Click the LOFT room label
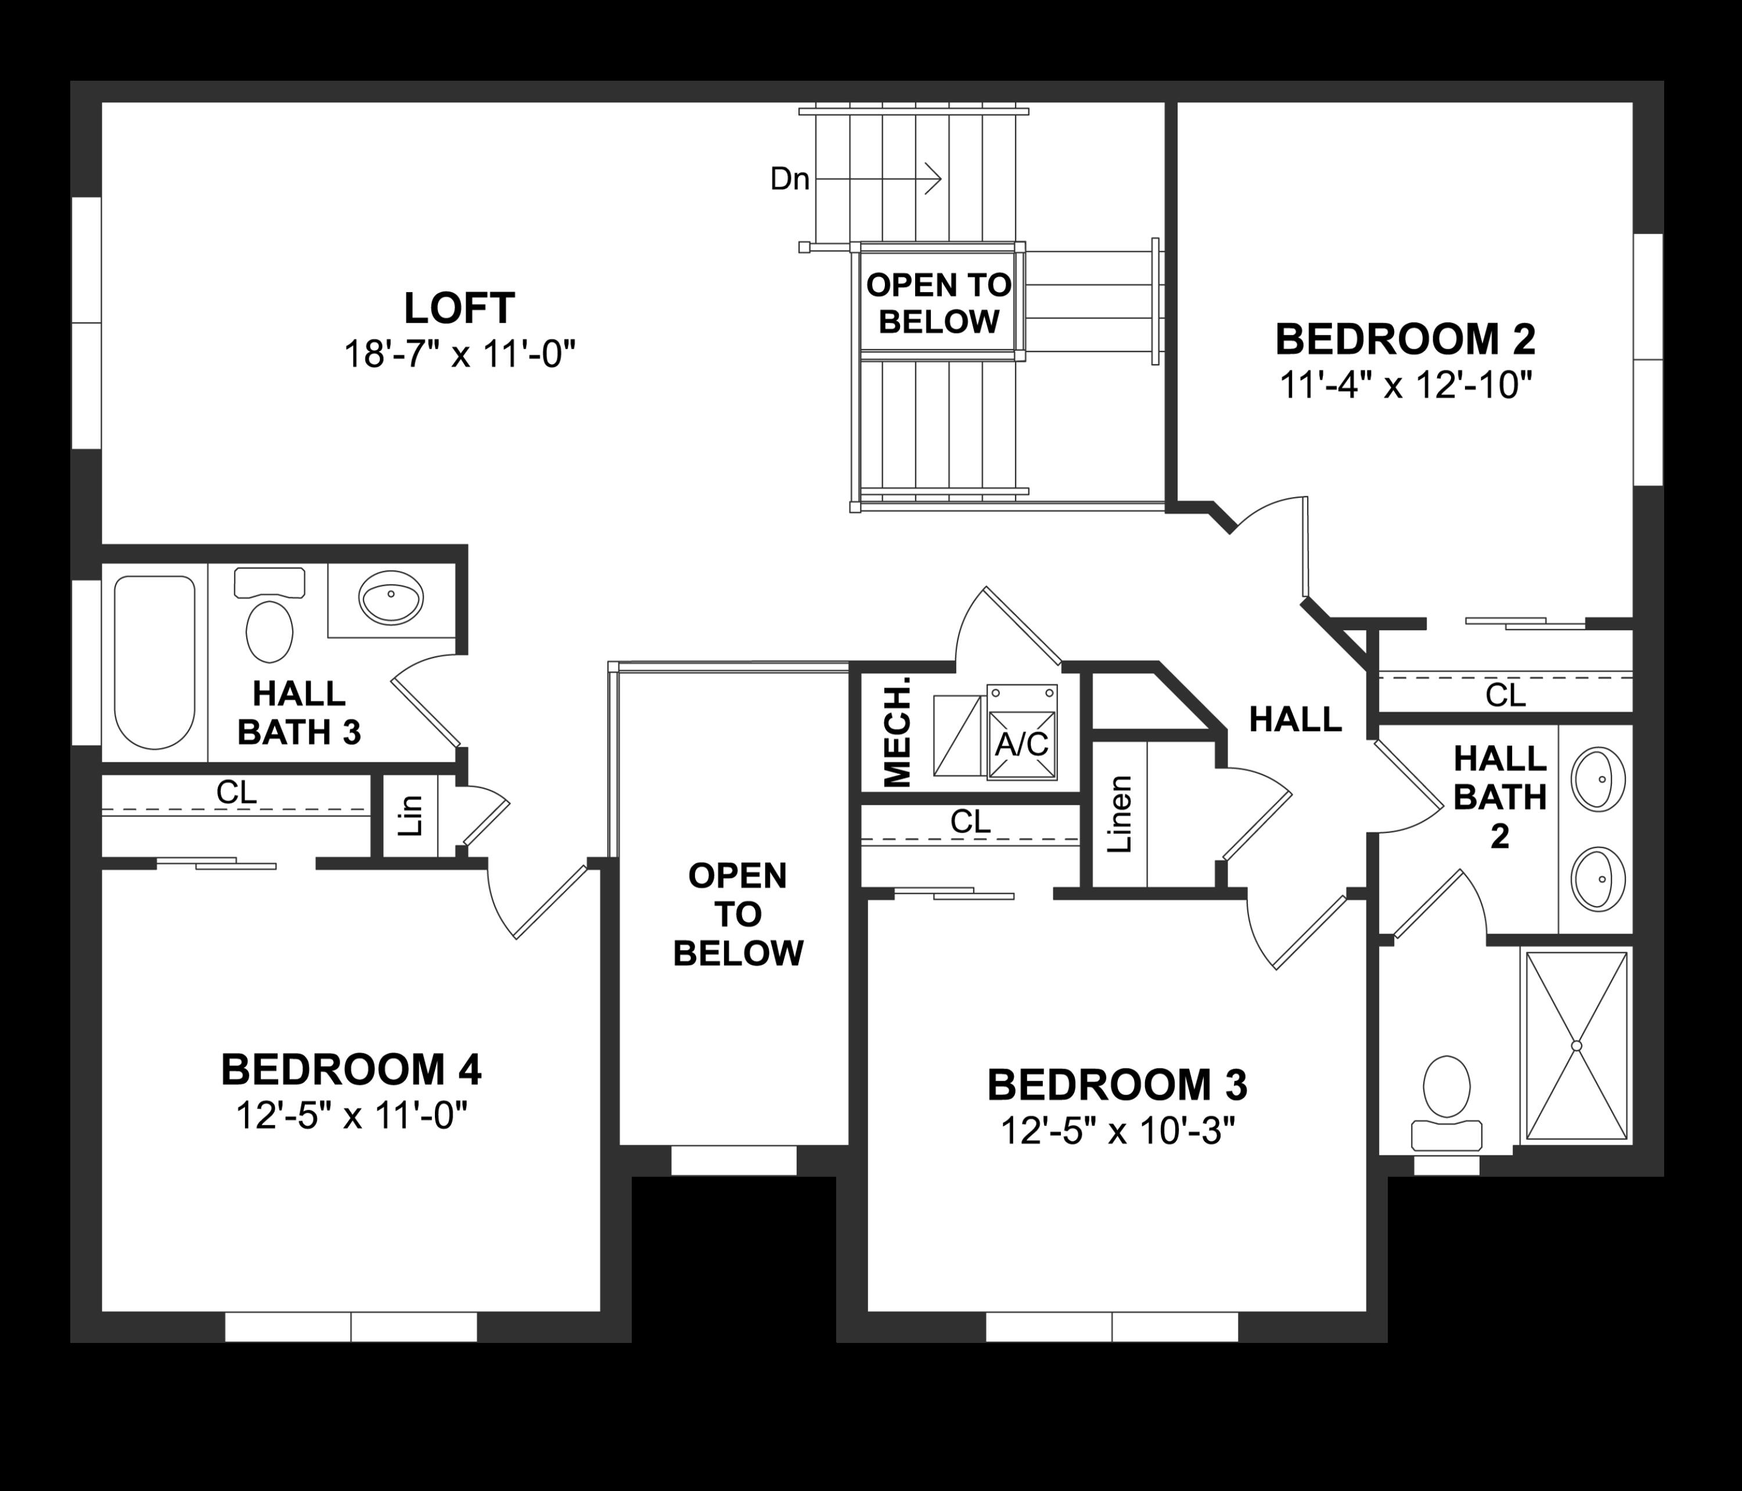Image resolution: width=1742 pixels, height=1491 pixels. tap(459, 308)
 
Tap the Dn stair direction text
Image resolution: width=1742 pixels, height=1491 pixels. tap(790, 179)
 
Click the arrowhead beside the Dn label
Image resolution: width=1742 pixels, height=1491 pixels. tap(933, 179)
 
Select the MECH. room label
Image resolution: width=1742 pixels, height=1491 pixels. tap(898, 730)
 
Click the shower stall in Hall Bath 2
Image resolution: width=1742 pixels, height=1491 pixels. tap(1577, 1045)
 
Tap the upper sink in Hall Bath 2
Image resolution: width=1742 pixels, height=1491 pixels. tap(1599, 779)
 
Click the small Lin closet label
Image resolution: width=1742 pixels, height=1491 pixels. tap(409, 815)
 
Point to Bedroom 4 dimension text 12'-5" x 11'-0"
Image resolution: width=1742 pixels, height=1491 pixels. tap(351, 1116)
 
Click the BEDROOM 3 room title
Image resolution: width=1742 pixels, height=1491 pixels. tap(1117, 1085)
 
